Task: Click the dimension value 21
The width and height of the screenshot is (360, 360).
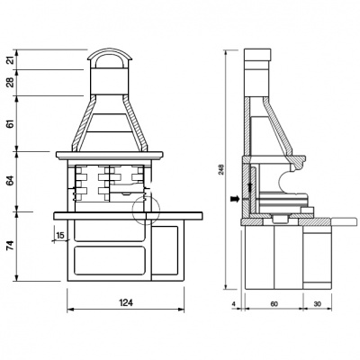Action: point(11,60)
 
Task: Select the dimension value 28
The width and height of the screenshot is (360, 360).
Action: point(11,83)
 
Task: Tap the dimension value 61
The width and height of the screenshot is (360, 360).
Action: point(11,123)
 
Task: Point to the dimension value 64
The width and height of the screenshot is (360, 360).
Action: point(11,181)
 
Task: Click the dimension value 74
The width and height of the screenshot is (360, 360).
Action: point(11,246)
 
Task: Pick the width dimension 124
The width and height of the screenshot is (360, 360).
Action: point(126,302)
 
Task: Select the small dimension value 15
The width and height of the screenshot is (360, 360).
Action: point(60,235)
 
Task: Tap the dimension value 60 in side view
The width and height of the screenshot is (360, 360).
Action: point(274,304)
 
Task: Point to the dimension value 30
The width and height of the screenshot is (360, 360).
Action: point(318,304)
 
